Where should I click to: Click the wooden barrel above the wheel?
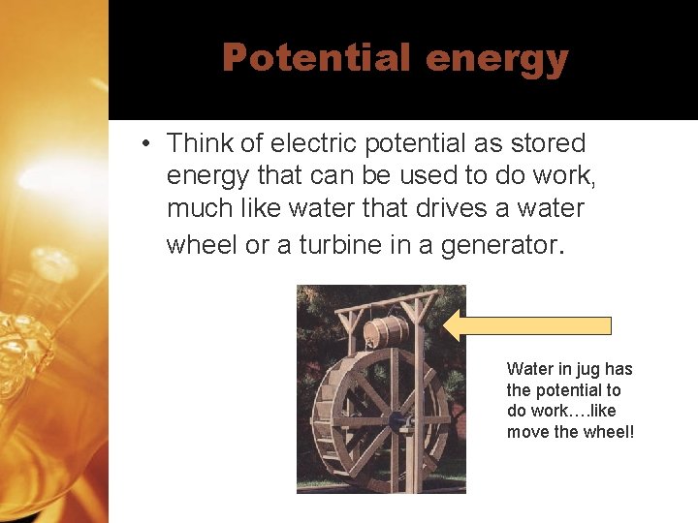click(385, 330)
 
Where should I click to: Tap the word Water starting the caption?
click(528, 369)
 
